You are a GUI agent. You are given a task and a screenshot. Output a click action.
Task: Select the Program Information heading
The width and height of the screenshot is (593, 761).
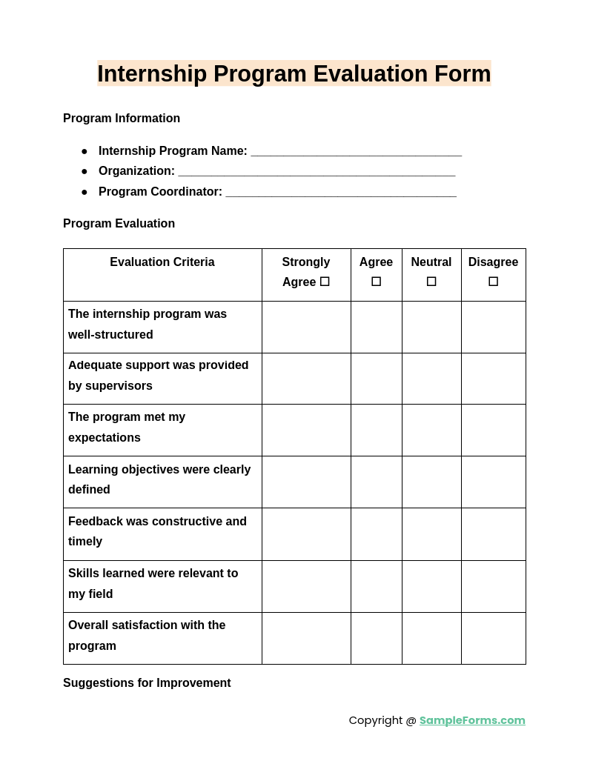tap(122, 119)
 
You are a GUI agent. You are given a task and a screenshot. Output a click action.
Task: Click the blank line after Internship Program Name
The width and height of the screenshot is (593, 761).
tap(356, 152)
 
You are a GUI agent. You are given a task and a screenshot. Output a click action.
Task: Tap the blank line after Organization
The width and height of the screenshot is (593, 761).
tap(317, 172)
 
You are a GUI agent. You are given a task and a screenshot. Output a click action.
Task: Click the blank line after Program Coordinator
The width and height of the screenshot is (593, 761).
tap(341, 193)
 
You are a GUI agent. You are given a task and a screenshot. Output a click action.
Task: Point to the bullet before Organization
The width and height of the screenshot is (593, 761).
tap(85, 171)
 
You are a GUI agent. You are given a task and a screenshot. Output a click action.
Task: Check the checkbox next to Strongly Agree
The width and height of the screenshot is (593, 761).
tap(325, 282)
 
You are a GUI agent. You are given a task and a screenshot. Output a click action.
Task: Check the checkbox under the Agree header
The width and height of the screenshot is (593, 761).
tap(376, 282)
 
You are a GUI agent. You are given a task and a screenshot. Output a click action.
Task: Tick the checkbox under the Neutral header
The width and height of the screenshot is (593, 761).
tap(431, 282)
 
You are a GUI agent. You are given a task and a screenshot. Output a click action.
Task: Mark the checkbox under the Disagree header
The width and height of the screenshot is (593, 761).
tap(493, 282)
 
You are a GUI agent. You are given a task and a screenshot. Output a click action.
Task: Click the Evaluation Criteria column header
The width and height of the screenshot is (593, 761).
tap(162, 262)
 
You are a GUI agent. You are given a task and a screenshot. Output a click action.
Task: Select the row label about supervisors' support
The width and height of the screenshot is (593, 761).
tap(158, 376)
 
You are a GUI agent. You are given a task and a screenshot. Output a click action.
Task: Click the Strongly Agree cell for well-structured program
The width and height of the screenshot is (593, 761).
tap(306, 327)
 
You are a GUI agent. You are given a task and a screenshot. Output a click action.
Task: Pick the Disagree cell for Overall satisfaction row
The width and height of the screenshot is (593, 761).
tap(493, 638)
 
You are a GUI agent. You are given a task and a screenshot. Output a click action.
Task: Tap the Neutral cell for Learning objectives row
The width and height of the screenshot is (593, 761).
tap(431, 482)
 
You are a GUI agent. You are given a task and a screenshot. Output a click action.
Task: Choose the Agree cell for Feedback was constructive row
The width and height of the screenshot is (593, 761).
tap(376, 534)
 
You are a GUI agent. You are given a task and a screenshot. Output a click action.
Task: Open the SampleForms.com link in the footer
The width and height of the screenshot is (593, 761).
tap(472, 720)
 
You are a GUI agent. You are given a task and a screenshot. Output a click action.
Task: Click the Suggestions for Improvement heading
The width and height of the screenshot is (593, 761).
tap(147, 683)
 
